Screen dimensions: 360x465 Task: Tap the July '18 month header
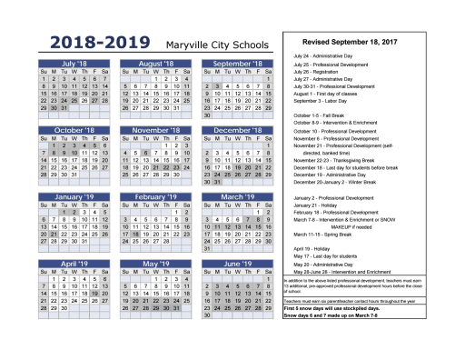point(76,64)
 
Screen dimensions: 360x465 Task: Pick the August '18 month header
point(159,64)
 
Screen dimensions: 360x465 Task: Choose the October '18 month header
point(76,130)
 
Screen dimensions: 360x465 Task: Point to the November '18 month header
point(159,130)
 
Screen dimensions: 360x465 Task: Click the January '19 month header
point(76,196)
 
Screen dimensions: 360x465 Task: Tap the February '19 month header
point(159,196)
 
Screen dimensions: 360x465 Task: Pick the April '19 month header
point(76,264)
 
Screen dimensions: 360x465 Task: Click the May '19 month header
point(159,264)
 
